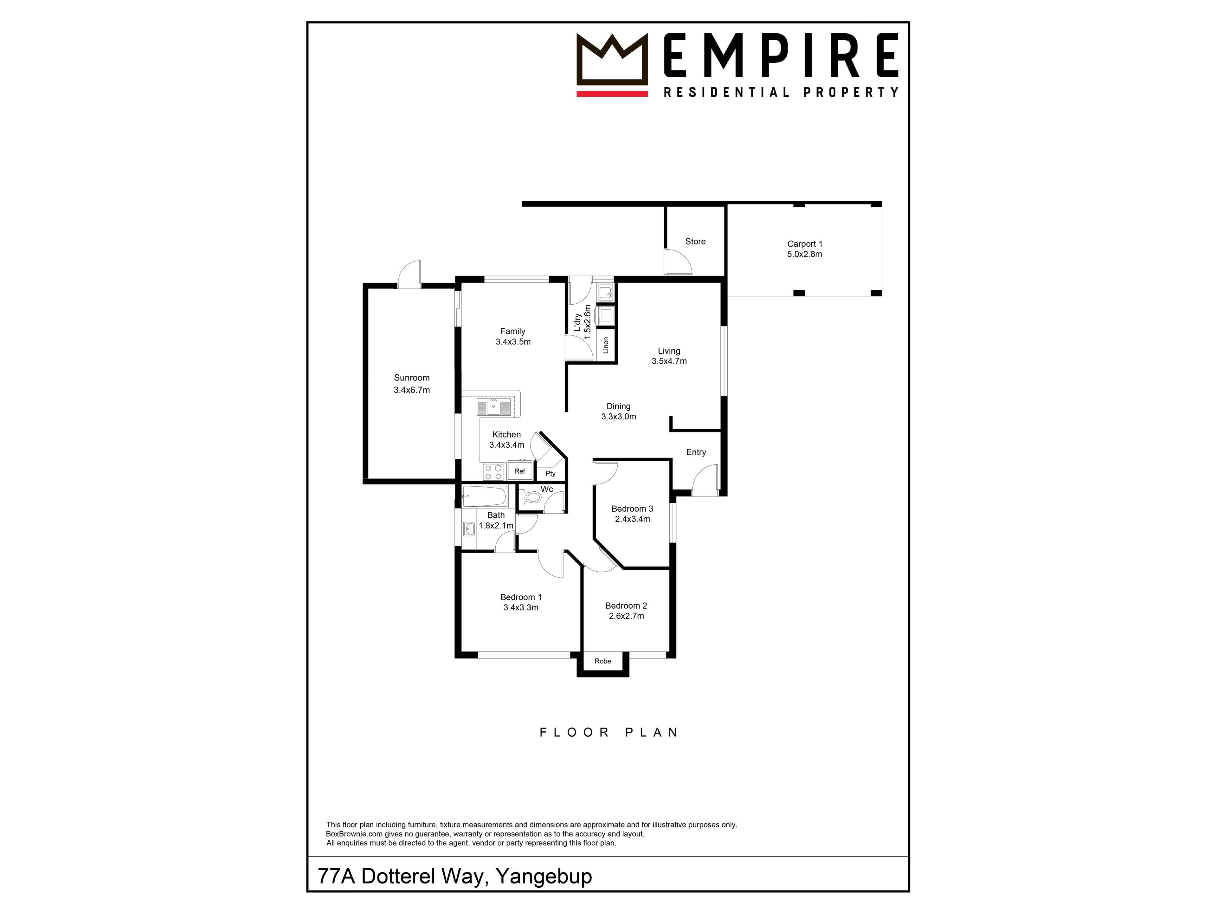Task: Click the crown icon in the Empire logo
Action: [612, 59]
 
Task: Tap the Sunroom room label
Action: [412, 378]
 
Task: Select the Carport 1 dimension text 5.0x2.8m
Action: [804, 254]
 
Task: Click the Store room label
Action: [695, 242]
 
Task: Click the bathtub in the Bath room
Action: [484, 496]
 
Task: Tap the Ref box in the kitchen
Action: [519, 471]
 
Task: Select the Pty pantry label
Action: [550, 473]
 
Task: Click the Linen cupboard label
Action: [606, 345]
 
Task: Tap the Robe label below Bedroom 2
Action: [602, 661]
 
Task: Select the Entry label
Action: [696, 452]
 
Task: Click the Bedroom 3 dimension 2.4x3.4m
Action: [632, 519]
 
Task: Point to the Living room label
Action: [669, 351]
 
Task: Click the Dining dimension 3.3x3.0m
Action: [618, 417]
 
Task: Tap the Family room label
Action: [512, 331]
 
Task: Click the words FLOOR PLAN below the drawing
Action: [608, 733]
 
